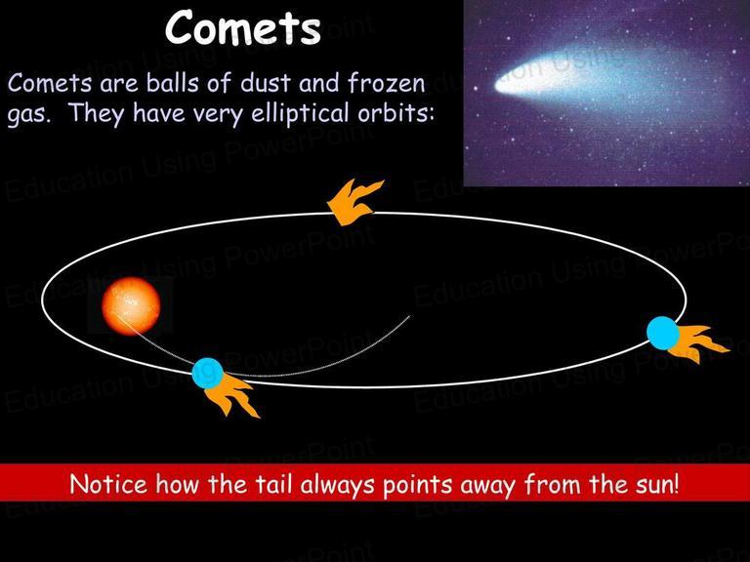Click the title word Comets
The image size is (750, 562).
click(x=242, y=27)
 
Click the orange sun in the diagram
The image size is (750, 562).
click(x=131, y=305)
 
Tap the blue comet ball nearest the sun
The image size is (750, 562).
click(x=208, y=374)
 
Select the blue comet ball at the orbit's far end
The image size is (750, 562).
click(x=663, y=333)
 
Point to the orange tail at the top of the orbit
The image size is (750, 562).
click(x=354, y=202)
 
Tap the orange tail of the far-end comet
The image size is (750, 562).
click(x=698, y=342)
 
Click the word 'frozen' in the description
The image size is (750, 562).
click(x=386, y=83)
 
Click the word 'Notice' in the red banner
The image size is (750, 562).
click(x=108, y=484)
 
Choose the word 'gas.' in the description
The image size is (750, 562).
click(x=29, y=115)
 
